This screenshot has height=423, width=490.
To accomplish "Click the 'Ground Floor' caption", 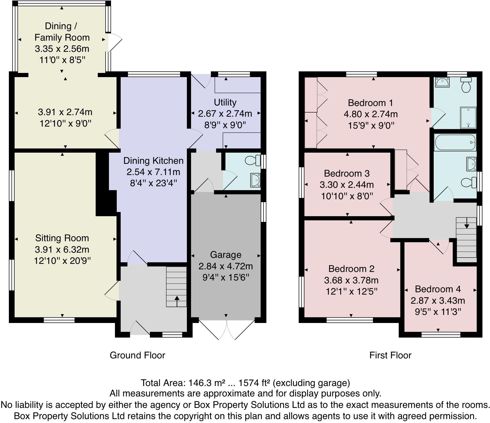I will click(x=137, y=355).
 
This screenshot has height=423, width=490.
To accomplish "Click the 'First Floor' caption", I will click(x=390, y=355).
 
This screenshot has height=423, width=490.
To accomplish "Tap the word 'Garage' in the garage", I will click(x=225, y=255).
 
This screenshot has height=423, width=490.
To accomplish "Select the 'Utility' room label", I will click(x=225, y=102).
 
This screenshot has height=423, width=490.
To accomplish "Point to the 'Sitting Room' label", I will click(x=62, y=238).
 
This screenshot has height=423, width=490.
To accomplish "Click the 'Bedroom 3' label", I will click(x=347, y=173).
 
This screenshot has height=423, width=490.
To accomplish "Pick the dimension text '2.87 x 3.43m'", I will click(x=438, y=301).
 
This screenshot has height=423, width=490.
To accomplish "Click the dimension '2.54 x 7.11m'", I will click(x=153, y=172).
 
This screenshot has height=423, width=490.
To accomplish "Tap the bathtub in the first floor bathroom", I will click(x=455, y=142).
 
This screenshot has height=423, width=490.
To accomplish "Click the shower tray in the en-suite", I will click(x=468, y=118).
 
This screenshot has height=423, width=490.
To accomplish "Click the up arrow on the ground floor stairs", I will click(x=177, y=301).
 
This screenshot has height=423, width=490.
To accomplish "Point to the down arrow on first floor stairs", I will click(x=467, y=223).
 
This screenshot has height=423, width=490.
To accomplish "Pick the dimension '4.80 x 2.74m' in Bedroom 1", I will click(x=370, y=114).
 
